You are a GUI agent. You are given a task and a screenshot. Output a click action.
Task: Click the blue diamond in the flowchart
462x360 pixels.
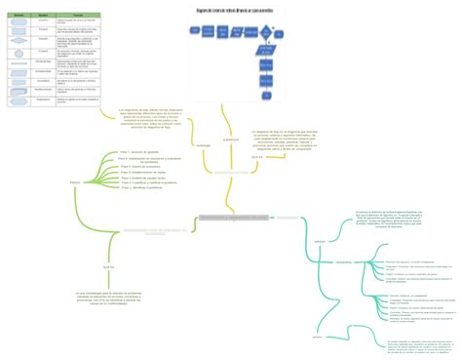[266, 33]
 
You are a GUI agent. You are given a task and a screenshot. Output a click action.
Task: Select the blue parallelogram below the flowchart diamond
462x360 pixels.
[267, 50]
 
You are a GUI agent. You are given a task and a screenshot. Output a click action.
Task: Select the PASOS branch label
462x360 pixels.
[75, 182]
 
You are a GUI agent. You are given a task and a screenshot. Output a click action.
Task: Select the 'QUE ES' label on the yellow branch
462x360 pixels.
[257, 156]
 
